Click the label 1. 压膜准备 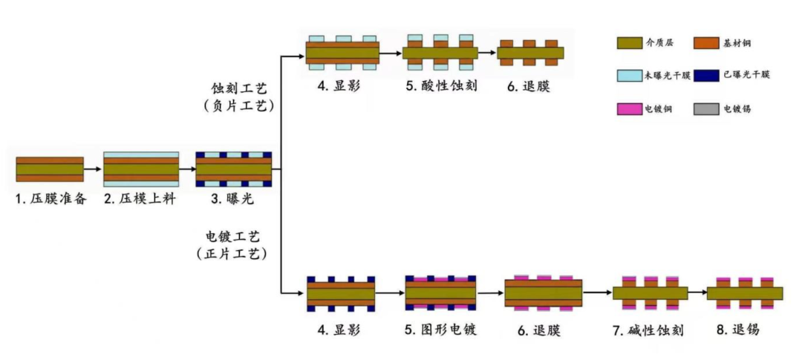click(50, 200)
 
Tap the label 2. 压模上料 click(140, 200)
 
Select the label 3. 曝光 click(232, 200)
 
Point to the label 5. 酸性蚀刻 click(441, 86)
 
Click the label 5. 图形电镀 click(441, 330)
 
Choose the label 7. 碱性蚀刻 click(648, 330)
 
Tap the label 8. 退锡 click(738, 330)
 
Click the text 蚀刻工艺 click(239, 88)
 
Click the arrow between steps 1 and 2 click(94, 168)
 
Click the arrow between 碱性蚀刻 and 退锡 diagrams click(697, 293)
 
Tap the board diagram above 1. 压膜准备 click(50, 169)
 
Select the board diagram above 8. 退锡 click(745, 293)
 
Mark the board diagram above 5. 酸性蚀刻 click(440, 53)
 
